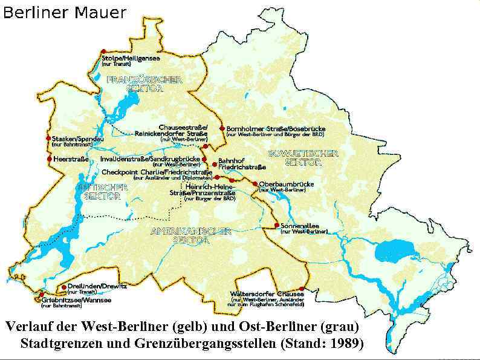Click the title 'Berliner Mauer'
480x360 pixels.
[x=65, y=12]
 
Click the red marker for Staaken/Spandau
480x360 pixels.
[x=48, y=139]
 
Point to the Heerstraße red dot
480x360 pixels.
[x=49, y=159]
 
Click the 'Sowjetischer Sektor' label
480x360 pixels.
[x=303, y=158]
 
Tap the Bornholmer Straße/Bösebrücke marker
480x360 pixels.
[x=222, y=128]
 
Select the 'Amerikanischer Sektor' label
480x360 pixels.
[x=190, y=235]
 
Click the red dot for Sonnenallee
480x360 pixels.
[x=276, y=225]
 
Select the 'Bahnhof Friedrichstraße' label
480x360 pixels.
[x=242, y=163]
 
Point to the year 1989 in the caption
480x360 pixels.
[x=345, y=343]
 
